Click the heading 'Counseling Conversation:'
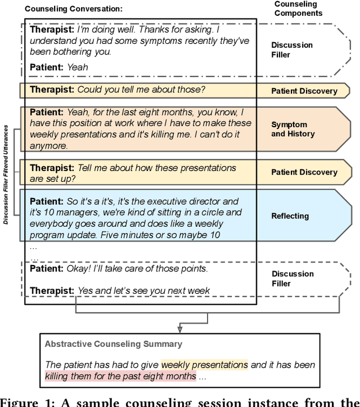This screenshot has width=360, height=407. (73, 8)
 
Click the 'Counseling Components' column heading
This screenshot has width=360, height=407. (299, 8)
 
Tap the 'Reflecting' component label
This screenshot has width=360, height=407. (290, 216)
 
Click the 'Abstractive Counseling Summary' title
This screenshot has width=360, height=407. (113, 343)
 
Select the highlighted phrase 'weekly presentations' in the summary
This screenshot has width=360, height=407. (204, 364)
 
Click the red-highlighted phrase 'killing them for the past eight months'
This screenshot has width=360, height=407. (120, 376)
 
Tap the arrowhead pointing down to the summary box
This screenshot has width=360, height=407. (179, 328)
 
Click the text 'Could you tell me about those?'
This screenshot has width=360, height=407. (141, 90)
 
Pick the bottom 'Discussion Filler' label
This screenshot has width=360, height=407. (292, 279)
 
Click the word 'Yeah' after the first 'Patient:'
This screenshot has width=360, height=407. (77, 67)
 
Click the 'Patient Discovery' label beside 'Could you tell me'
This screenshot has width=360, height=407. (304, 91)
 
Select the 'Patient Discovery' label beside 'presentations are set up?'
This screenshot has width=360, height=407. (304, 172)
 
